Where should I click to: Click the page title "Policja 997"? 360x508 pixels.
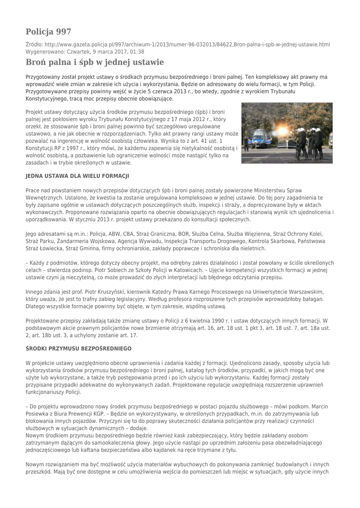pos(49,32)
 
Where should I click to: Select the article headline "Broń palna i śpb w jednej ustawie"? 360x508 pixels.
pos(94,62)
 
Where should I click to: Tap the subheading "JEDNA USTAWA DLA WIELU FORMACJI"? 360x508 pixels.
pos(77,176)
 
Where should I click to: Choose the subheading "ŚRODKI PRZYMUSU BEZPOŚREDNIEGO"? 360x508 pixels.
pos(78,349)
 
